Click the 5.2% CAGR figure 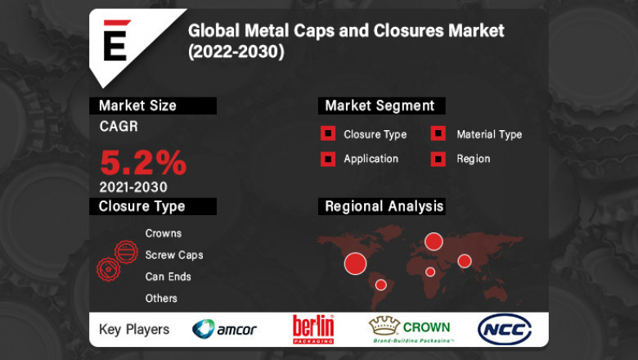[143, 163]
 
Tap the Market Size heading [137, 106]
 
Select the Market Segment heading [380, 106]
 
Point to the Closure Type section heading [142, 206]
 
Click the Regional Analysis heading [384, 206]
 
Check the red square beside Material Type [438, 134]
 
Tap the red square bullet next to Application [327, 159]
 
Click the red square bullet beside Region [438, 159]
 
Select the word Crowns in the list [164, 233]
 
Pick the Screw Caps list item [174, 254]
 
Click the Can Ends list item [168, 277]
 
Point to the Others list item [161, 298]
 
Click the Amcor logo [224, 330]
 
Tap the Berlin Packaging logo [313, 329]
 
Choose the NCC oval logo [504, 329]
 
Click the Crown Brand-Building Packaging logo [411, 329]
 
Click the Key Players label [134, 330]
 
